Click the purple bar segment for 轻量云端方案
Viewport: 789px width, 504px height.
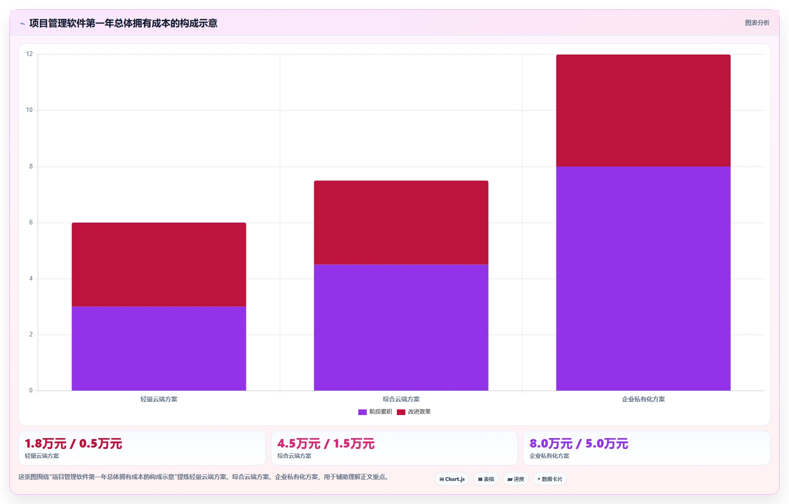159,348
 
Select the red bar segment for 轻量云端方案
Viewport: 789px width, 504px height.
159,264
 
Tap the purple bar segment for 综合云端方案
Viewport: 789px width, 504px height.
401,328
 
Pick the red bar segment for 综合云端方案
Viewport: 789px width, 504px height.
401,223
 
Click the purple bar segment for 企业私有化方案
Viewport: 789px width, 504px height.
644,279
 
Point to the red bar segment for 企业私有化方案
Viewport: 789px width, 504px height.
644,110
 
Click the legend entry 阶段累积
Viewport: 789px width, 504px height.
375,412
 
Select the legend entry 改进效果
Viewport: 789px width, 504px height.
414,412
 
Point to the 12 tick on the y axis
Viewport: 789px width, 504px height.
29,54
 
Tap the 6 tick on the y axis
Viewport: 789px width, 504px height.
31,223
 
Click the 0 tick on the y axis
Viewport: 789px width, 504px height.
31,391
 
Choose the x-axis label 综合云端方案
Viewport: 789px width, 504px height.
401,400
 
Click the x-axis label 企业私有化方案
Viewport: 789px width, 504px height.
644,400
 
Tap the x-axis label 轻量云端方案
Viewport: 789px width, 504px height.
159,400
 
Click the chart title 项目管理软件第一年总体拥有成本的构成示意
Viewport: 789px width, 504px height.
123,23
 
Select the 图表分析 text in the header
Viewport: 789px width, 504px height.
757,23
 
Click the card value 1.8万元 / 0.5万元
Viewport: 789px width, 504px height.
73,444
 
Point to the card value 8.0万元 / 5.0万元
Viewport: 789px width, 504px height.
579,444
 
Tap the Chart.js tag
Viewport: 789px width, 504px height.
452,479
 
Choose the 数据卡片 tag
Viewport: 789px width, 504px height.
550,479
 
